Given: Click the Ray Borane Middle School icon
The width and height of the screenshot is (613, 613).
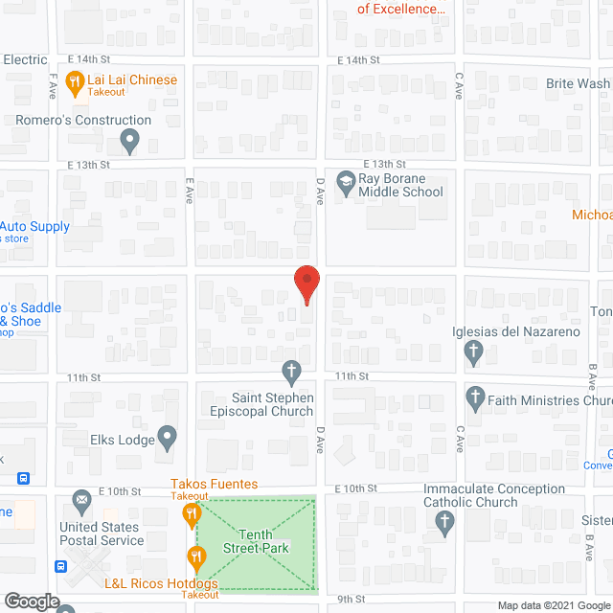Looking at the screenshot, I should click(345, 179).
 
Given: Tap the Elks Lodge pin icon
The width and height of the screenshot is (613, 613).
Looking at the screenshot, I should click(168, 439).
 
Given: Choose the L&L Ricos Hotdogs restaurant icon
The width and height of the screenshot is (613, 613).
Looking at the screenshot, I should click(198, 556).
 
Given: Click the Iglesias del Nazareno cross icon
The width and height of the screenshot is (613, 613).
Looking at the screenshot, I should click(472, 353).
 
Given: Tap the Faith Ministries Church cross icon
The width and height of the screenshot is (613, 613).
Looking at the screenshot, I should click(474, 397).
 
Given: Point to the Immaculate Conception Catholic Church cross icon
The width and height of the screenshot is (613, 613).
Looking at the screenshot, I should click(443, 523).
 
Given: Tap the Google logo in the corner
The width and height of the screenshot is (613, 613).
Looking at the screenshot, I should click(31, 602).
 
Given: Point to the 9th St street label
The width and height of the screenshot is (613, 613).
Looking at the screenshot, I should click(352, 600).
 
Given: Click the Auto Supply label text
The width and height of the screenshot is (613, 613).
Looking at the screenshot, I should click(36, 227).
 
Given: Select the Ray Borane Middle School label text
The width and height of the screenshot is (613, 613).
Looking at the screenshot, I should click(400, 185).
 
